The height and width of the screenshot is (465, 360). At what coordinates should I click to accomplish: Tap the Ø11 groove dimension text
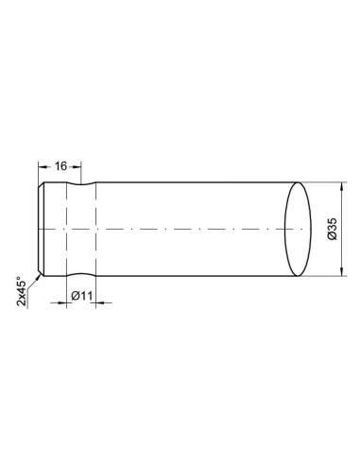82,296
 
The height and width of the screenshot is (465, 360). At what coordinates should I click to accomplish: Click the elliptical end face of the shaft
298,230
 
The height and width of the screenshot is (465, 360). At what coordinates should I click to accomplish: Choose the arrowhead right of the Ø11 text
97,302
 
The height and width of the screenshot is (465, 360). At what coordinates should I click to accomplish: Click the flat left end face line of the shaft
39,230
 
